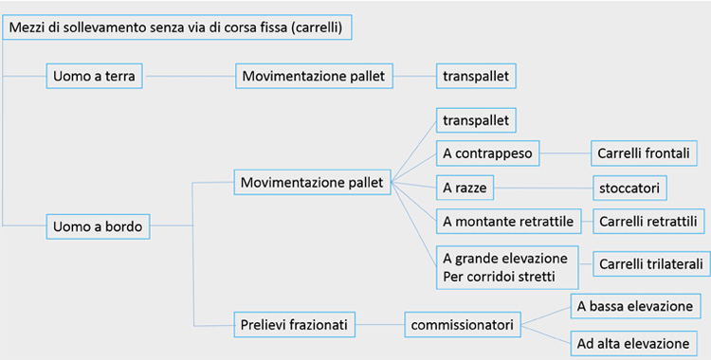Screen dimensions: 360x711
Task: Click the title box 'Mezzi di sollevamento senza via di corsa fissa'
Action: (x=177, y=27)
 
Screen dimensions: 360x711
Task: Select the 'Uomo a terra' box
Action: (x=94, y=76)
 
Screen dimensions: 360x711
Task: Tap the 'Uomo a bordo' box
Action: (x=99, y=225)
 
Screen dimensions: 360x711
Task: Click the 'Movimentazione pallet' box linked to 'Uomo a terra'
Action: (x=314, y=76)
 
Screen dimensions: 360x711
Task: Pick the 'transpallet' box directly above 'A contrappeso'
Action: (x=476, y=120)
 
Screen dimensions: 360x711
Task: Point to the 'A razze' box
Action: (x=466, y=187)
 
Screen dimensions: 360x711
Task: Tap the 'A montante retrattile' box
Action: (x=508, y=222)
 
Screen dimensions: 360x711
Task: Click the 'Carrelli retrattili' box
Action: (x=648, y=222)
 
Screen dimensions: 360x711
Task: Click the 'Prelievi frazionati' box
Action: (x=295, y=325)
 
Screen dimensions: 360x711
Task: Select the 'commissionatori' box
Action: (x=463, y=325)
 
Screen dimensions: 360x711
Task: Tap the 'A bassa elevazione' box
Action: (x=634, y=307)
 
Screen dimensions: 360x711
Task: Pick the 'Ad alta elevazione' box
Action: (x=634, y=342)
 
